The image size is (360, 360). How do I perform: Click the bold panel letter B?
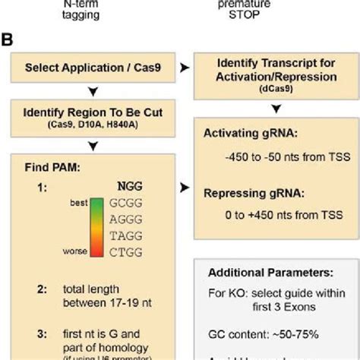pos(9,39)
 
